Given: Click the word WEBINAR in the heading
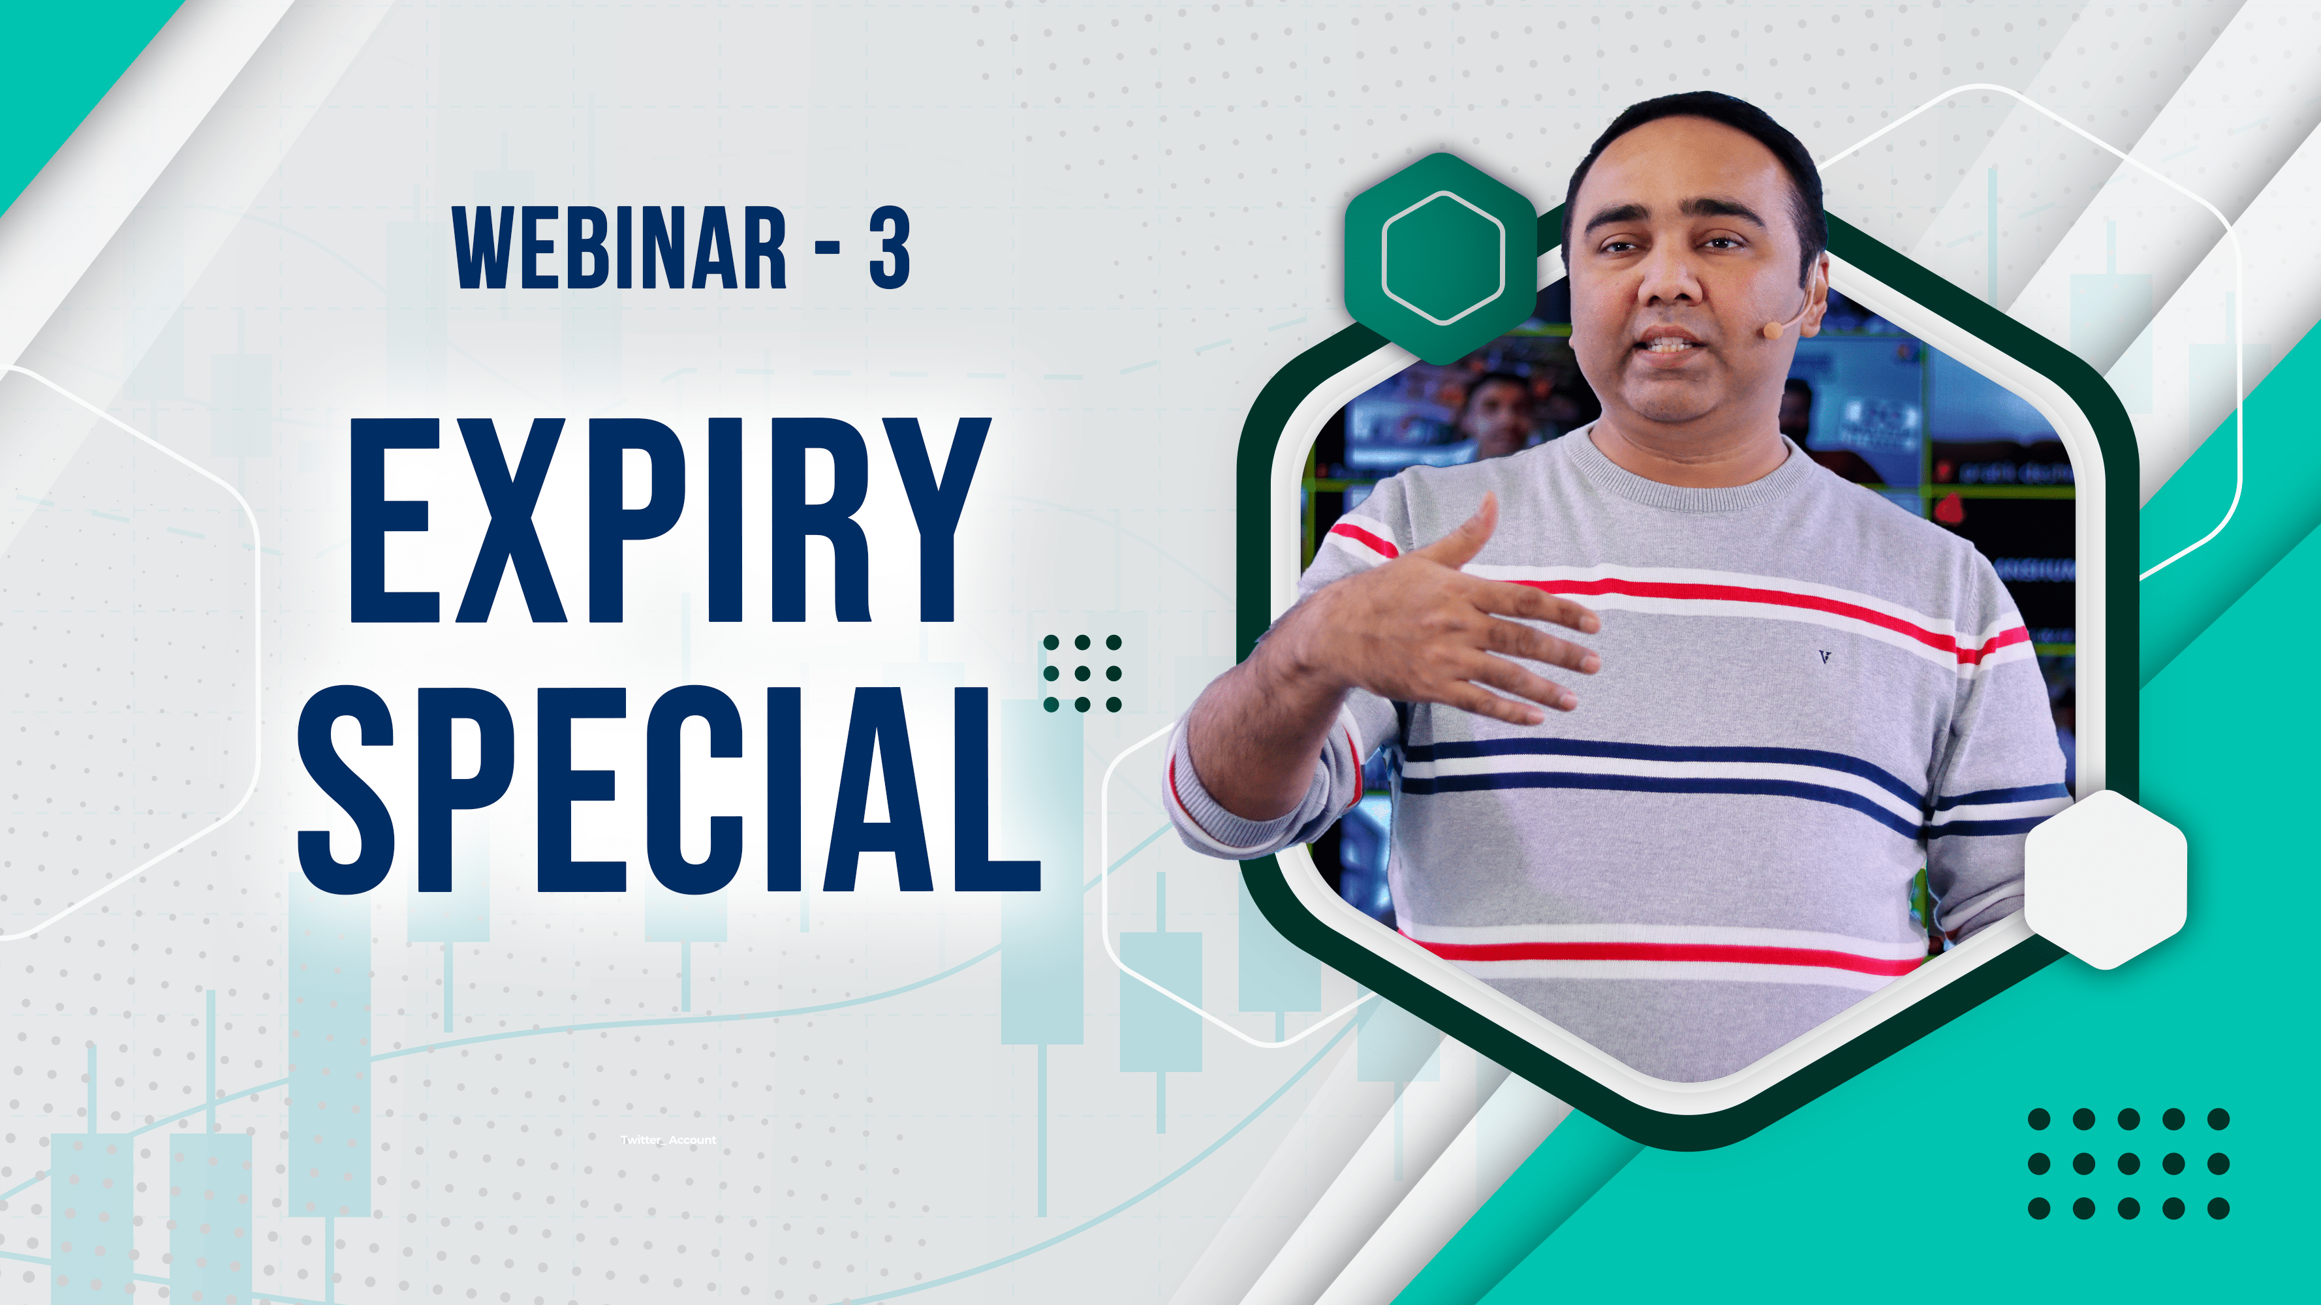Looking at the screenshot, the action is coord(620,248).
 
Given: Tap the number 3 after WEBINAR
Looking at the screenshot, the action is coord(889,248).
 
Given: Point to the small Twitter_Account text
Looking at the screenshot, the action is coord(668,1140).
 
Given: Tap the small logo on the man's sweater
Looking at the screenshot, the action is coord(1824,658).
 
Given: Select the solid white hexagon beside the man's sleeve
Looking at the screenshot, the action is coord(2106,878).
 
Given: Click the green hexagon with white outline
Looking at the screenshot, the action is coord(1442,258).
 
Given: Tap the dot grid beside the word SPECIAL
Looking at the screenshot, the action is coord(1082,673).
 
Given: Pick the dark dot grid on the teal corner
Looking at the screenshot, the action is coord(2128,1163).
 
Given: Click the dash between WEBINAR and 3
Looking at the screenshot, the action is coord(827,249).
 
